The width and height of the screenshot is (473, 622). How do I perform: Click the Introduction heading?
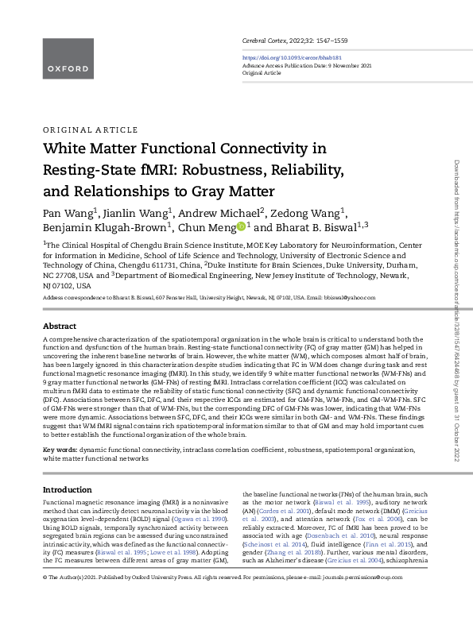[x=68, y=489]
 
